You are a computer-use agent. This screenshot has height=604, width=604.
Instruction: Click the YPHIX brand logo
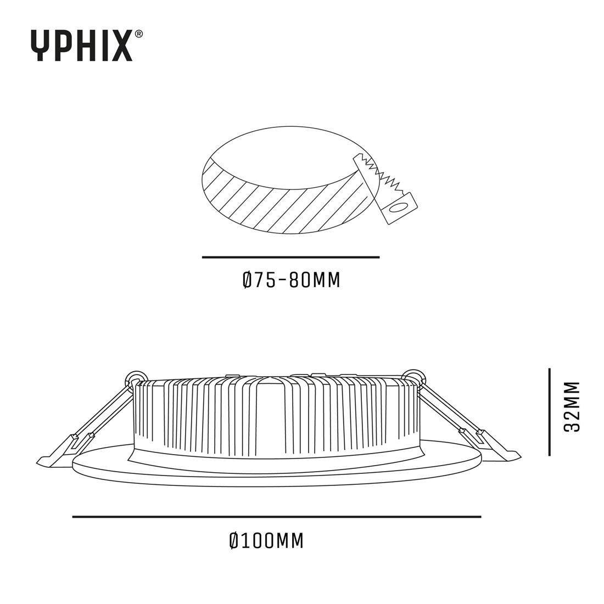[81, 46]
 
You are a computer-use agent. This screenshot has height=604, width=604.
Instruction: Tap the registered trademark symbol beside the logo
[139, 34]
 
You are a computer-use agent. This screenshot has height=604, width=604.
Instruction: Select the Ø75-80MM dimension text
[291, 281]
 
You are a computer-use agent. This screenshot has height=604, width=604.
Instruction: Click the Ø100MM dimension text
[266, 541]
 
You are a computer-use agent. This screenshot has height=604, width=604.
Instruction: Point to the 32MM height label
[573, 406]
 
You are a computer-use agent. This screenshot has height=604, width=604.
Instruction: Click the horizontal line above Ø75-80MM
[290, 257]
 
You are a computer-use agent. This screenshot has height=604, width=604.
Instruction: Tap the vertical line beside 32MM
[549, 412]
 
